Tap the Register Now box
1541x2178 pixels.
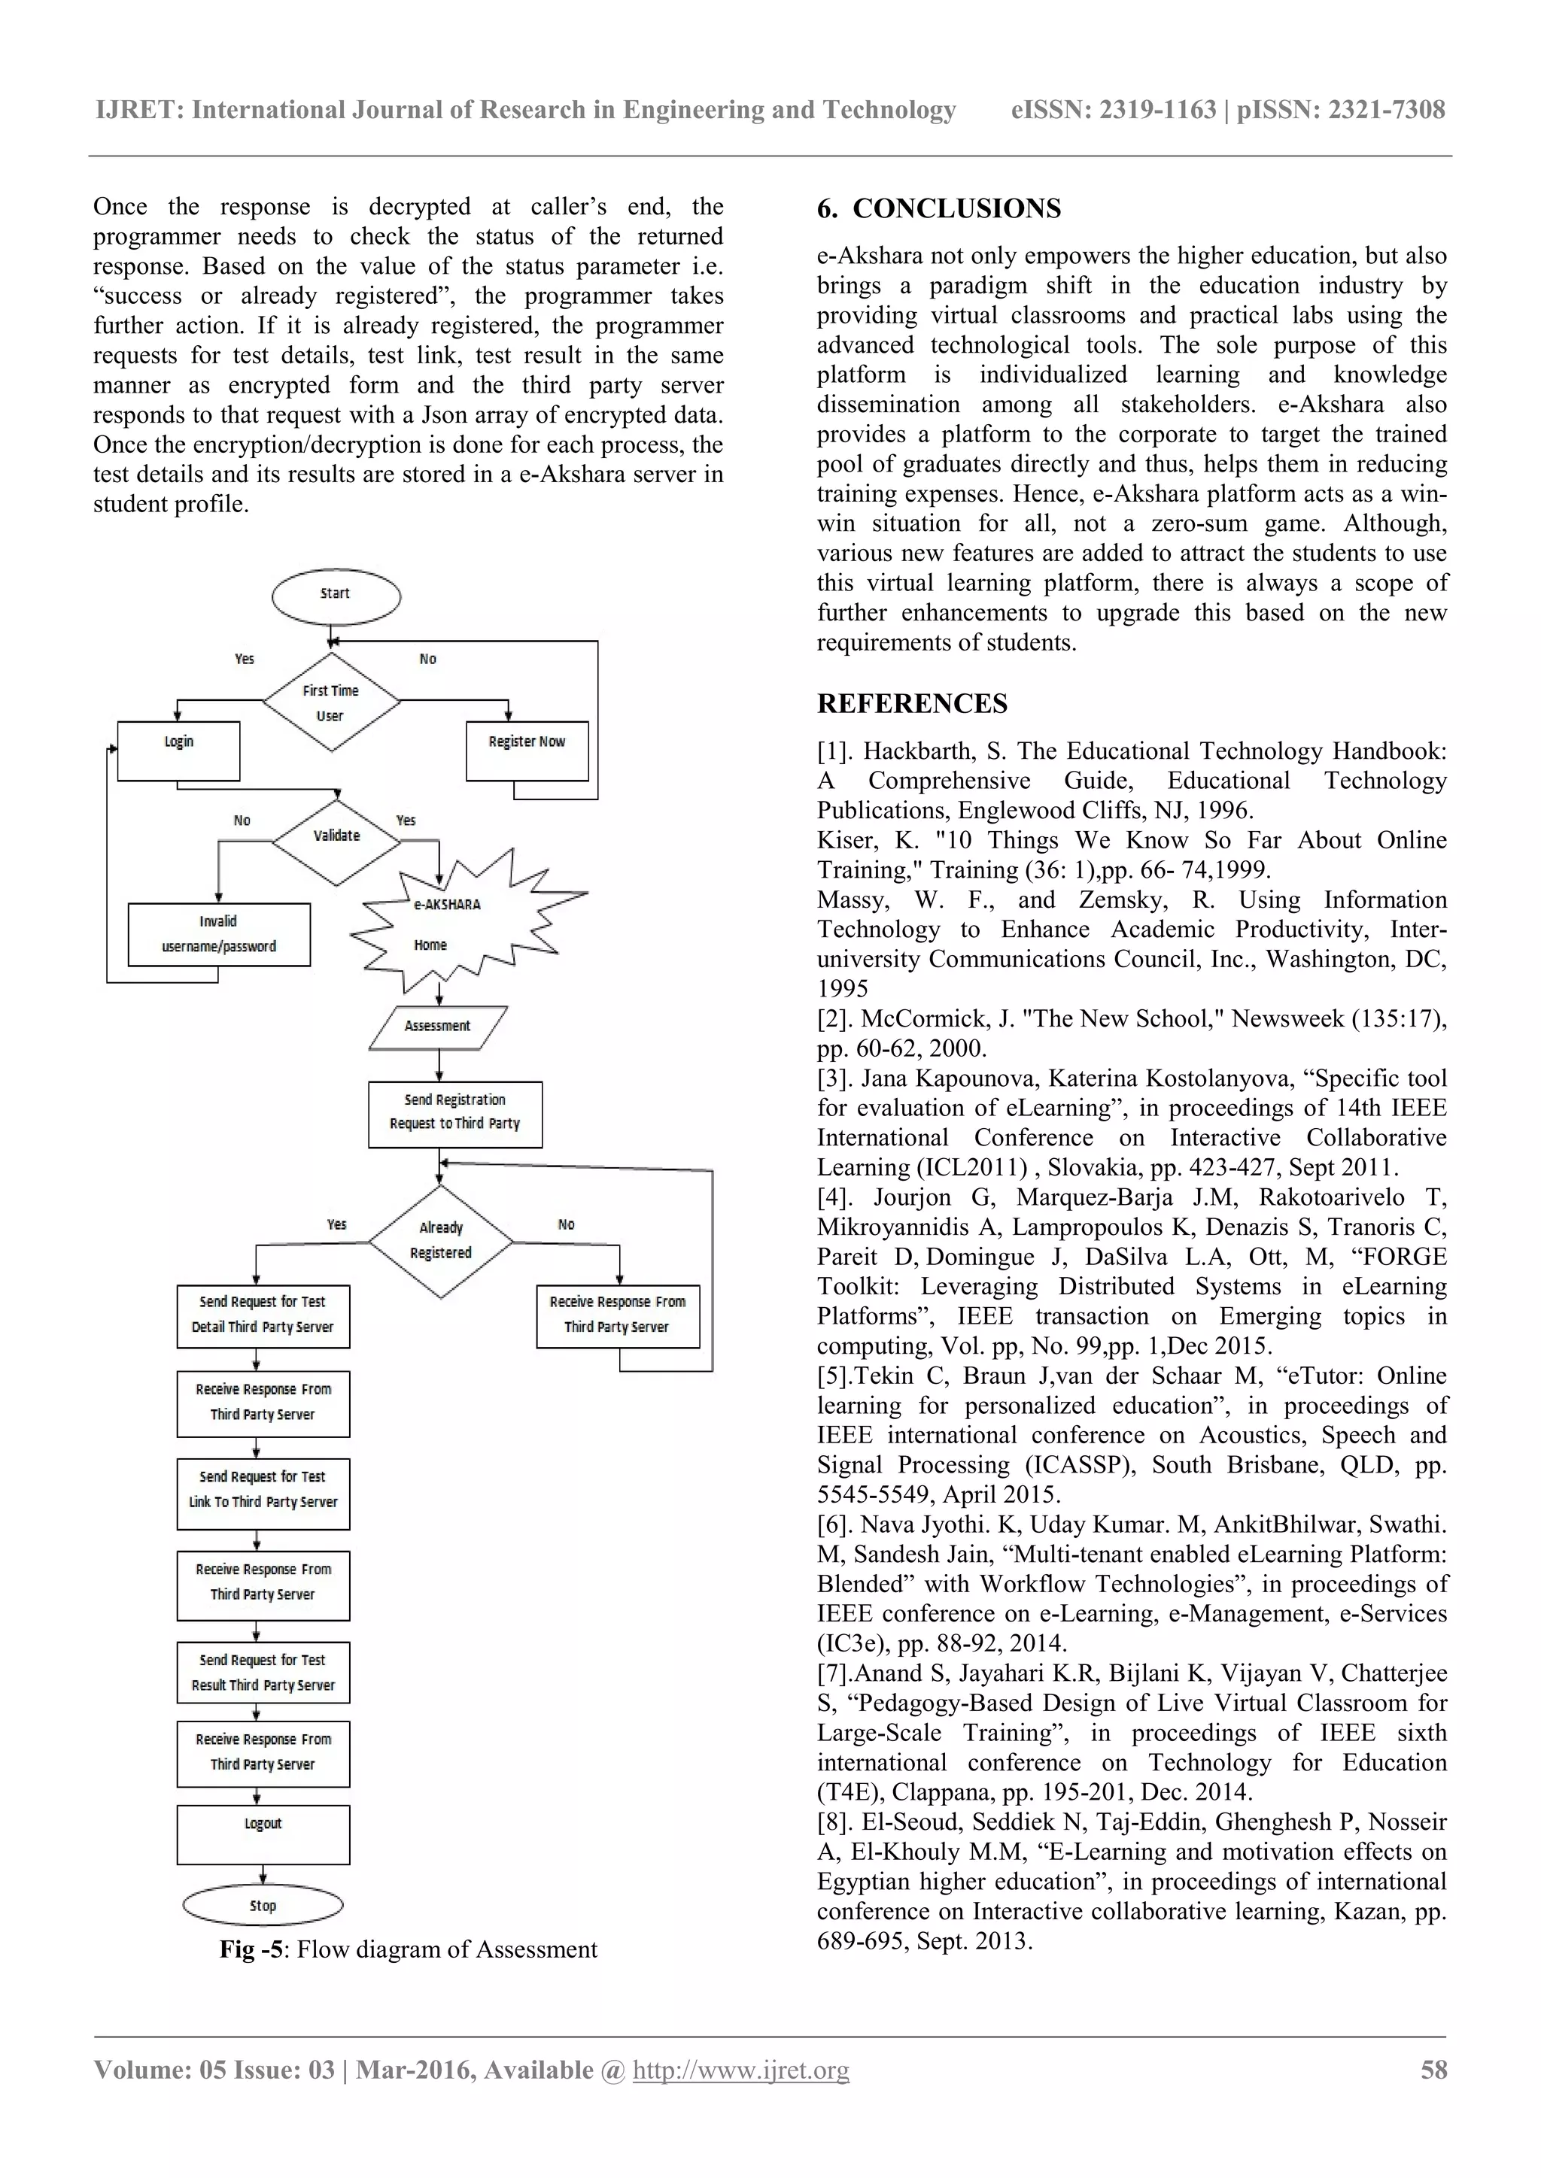click(x=527, y=751)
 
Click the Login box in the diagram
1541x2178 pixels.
click(x=178, y=751)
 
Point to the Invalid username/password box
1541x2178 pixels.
click(x=219, y=934)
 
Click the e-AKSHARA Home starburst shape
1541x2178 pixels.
click(x=446, y=925)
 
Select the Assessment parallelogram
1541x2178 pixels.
click(x=437, y=1027)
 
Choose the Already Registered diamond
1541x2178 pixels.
click(x=441, y=1241)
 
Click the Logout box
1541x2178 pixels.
click(x=263, y=1834)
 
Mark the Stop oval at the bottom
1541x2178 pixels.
click(x=263, y=1906)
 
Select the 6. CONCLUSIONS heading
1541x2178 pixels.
click(x=938, y=208)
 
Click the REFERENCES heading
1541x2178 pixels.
click(x=912, y=704)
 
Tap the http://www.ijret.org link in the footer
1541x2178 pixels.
click(x=741, y=2069)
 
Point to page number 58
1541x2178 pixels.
click(x=1433, y=2069)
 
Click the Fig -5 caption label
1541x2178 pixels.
click(x=251, y=1949)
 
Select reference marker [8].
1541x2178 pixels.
click(x=835, y=1823)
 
